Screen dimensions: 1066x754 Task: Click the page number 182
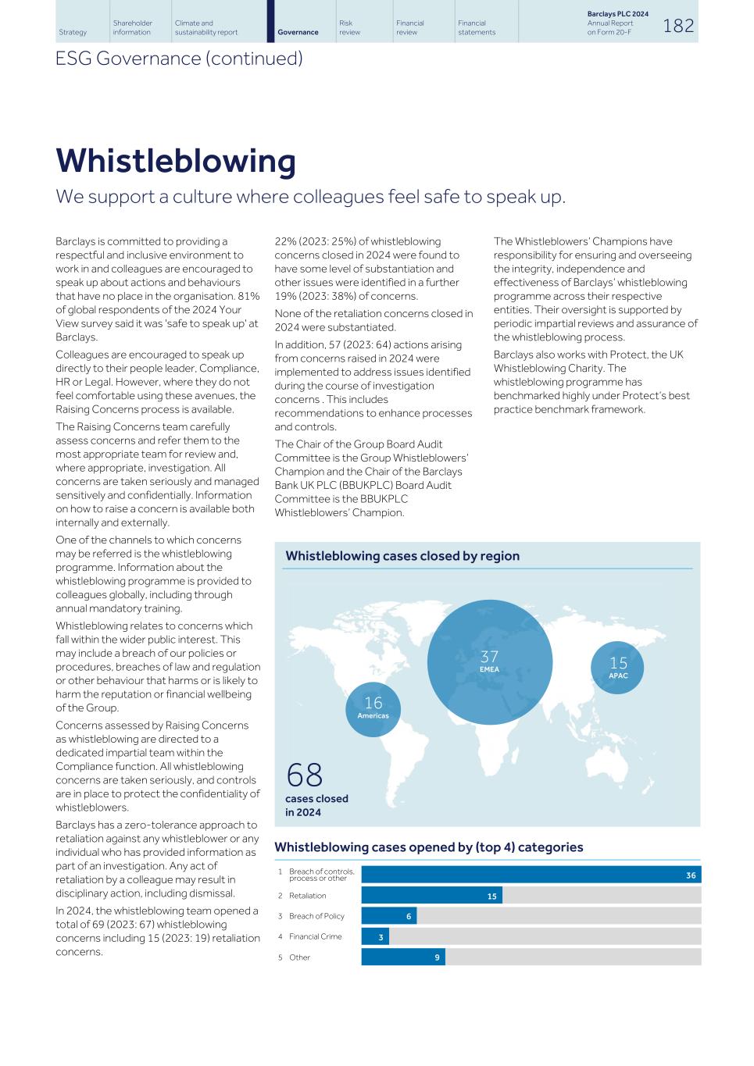coord(678,26)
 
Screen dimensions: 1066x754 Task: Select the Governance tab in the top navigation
coord(298,32)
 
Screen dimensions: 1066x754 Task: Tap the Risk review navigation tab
coord(349,27)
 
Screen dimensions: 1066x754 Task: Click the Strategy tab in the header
coord(73,32)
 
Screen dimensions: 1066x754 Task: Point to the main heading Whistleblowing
coord(176,161)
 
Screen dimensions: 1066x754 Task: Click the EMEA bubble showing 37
coord(490,661)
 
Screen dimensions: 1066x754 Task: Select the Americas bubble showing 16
coord(373,708)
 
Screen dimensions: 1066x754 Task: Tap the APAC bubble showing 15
coord(618,667)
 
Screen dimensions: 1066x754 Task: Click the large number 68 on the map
coord(305,775)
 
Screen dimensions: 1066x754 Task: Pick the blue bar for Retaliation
coord(431,896)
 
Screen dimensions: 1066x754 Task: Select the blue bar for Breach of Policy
coord(388,916)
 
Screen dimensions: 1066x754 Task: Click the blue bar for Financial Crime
coord(375,936)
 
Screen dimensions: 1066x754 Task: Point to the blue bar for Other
coord(402,957)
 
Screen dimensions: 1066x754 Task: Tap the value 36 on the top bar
coord(691,875)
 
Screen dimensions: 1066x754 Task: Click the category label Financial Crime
coord(315,936)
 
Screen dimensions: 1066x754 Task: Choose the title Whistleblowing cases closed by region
coord(402,556)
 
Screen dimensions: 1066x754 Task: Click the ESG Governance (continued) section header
coord(179,59)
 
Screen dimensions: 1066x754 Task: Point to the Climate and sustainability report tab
coord(206,27)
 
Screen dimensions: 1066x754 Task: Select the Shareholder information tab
coord(132,27)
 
